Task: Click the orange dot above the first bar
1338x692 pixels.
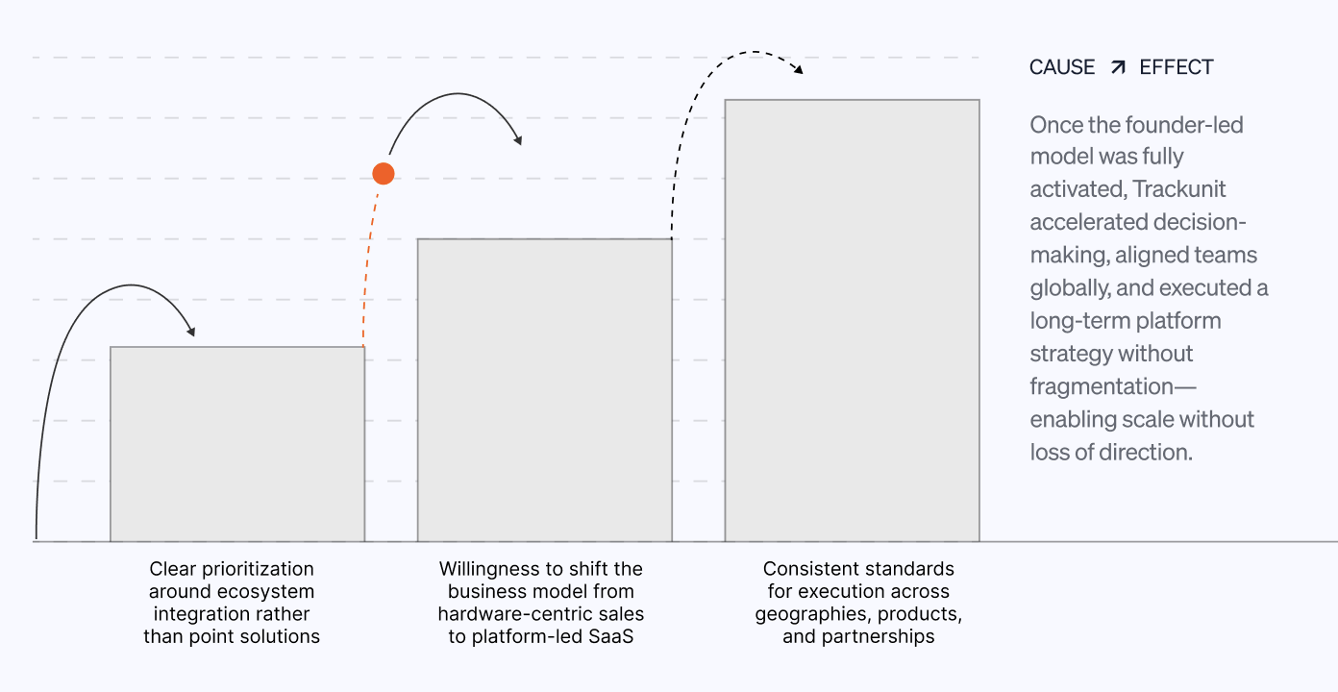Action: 384,174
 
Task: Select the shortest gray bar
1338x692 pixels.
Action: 237,444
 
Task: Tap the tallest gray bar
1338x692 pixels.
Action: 852,320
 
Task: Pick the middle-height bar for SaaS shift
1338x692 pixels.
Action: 544,390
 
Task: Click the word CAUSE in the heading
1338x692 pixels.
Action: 1062,67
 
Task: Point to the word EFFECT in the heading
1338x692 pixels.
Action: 1177,67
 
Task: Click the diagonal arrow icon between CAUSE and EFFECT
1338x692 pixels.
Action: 1118,67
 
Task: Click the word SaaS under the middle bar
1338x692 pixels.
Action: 611,636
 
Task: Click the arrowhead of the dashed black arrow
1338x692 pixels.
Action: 799,70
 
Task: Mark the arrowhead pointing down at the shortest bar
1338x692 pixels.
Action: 191,332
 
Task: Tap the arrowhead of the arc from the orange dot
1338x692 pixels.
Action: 518,140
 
